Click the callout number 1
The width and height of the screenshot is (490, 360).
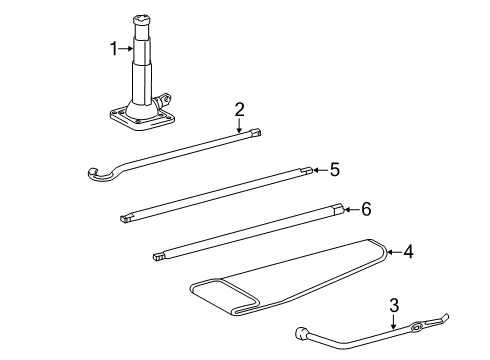pos(114,46)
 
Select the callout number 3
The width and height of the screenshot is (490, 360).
pos(394,304)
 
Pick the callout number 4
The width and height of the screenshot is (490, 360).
pos(408,252)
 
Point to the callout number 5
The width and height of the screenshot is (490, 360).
pos(335,170)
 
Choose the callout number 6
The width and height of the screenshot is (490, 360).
pos(366,209)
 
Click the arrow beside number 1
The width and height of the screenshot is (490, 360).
pos(128,46)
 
